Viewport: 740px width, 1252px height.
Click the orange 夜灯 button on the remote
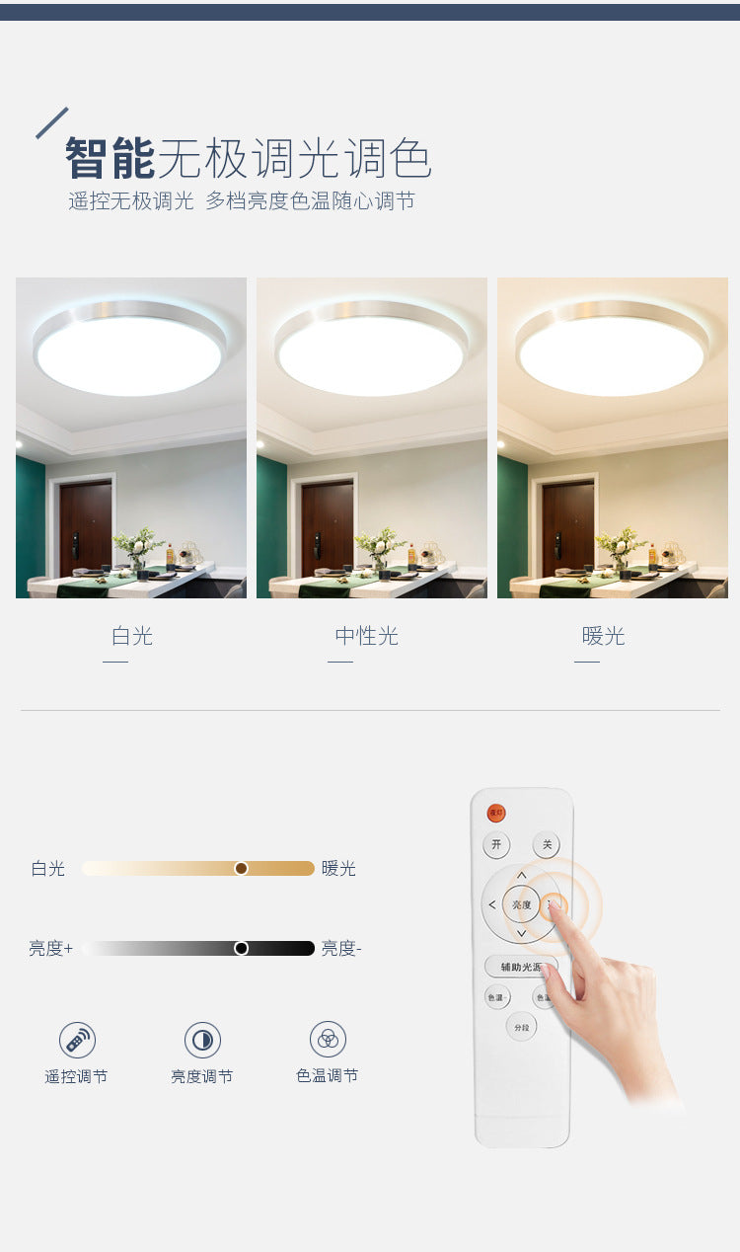(496, 813)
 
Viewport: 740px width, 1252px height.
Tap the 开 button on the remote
(496, 845)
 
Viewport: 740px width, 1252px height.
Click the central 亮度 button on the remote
(521, 904)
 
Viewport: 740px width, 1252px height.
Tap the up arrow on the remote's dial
(521, 876)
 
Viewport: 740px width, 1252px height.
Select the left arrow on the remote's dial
(491, 904)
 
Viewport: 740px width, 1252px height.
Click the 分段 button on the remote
(522, 1027)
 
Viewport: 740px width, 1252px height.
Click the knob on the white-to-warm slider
(241, 868)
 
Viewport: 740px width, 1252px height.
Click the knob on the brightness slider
(241, 948)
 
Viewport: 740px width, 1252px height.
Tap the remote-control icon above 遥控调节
(77, 1040)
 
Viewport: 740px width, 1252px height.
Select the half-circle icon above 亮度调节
(202, 1040)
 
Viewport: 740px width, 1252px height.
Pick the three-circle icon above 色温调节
(328, 1039)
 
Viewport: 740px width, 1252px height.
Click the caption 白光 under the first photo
(131, 636)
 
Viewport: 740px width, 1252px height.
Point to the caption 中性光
(366, 636)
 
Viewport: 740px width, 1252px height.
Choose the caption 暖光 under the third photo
(603, 636)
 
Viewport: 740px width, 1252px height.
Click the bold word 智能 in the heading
(110, 158)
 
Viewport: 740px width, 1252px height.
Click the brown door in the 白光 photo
(85, 527)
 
